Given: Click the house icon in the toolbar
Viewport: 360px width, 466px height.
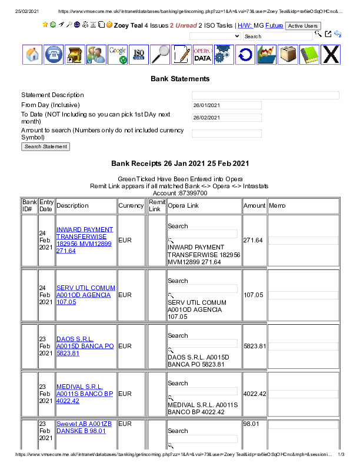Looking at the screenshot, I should coord(32,54).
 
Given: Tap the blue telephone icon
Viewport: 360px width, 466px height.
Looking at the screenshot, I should coord(54,54).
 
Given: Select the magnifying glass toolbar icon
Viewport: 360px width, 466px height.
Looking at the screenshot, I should coord(160,54).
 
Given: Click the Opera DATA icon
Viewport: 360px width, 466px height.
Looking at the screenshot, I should coord(202,54).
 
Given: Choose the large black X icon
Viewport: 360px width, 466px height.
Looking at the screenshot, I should coord(331,54).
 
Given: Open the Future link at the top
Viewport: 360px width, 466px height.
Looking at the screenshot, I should coord(274,26).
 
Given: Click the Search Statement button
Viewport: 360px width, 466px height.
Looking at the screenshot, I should coord(46,147).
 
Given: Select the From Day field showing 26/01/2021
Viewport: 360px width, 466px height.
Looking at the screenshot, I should coord(226,105).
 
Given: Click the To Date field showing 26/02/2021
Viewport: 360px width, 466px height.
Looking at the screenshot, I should coord(226,117).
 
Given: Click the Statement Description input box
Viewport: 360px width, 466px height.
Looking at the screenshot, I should coord(265,95).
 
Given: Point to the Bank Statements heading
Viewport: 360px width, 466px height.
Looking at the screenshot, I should coord(180,78).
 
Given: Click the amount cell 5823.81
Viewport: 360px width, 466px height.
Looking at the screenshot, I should coord(255,347).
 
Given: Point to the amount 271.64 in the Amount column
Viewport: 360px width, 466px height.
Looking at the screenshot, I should coord(253,240).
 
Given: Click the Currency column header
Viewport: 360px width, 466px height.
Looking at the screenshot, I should coord(131,206).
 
